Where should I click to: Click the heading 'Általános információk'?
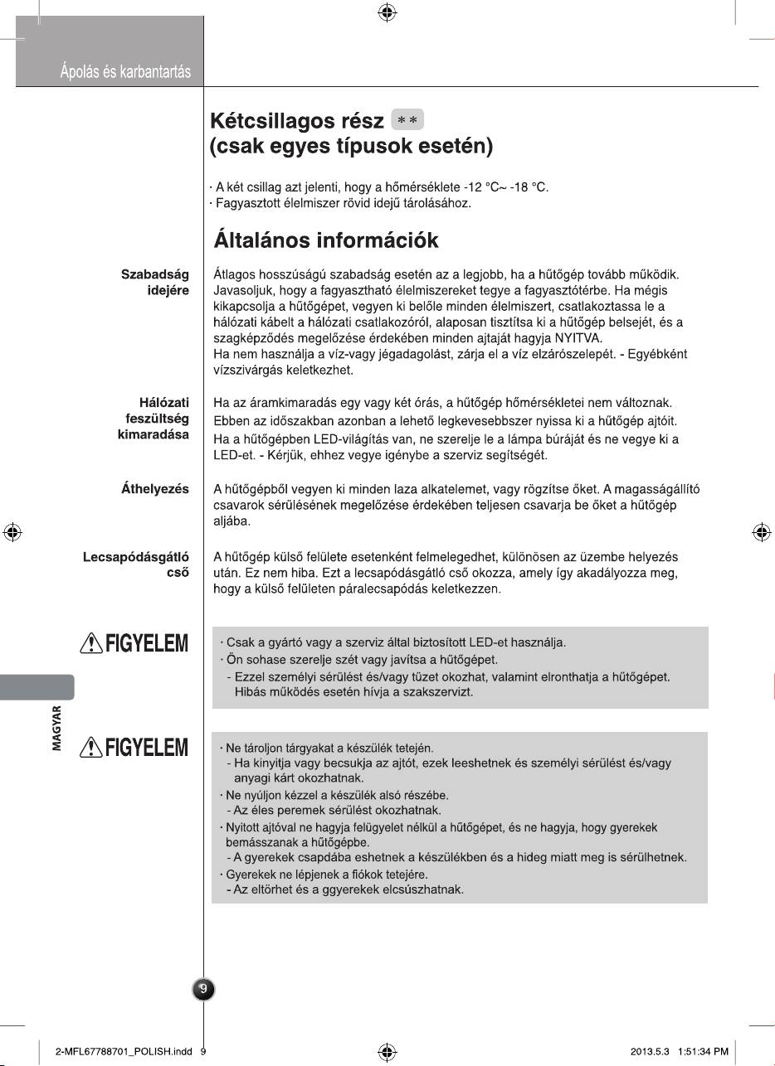[326, 240]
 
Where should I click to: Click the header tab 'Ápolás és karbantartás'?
[125, 72]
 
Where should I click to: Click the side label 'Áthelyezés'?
[155, 489]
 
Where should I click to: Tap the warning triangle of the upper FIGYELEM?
[89, 644]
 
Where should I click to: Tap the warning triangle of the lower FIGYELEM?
[89, 749]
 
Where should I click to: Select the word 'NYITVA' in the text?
[587, 337]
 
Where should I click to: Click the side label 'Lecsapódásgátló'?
[136, 557]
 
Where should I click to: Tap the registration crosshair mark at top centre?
[386, 12]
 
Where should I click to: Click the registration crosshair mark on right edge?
[761, 532]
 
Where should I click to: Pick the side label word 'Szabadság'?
[155, 274]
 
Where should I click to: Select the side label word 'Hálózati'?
[163, 403]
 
